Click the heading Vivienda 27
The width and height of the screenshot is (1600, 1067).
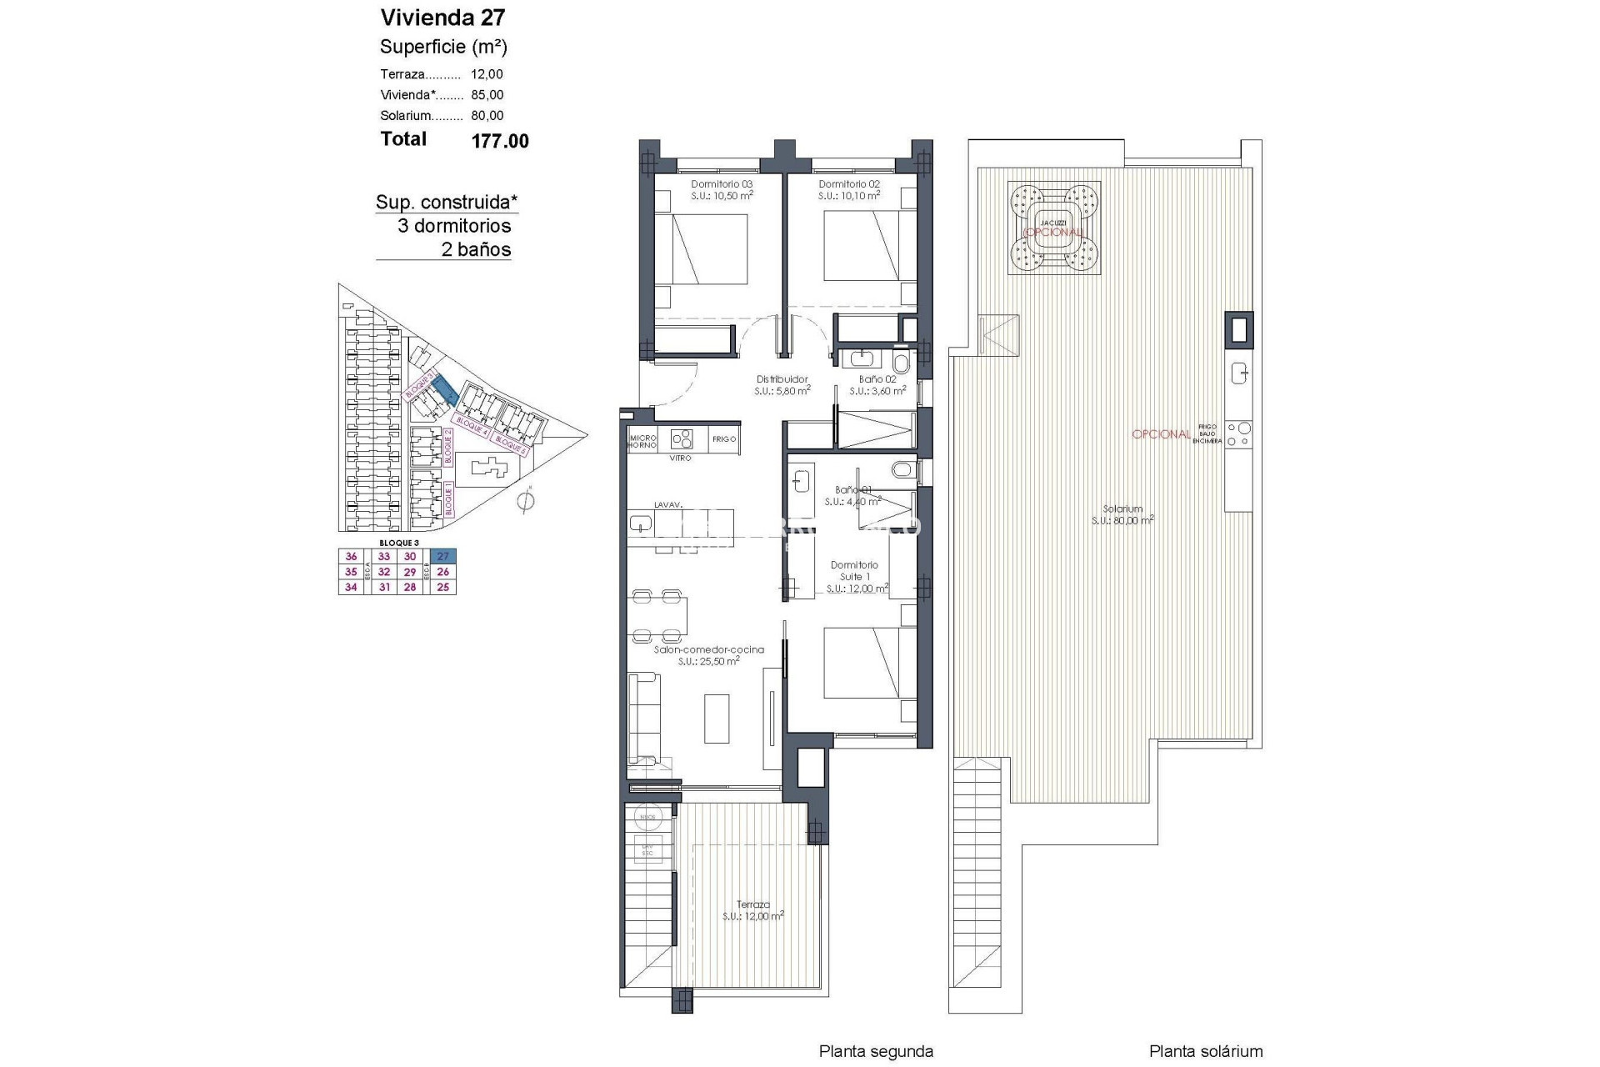[442, 18]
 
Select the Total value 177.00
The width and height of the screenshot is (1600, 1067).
[500, 141]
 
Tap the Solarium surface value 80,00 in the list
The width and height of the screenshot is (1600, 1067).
[487, 116]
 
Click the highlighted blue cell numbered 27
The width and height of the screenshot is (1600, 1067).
[443, 557]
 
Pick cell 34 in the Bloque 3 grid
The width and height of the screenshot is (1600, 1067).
[351, 587]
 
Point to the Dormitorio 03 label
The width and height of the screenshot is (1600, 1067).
[722, 184]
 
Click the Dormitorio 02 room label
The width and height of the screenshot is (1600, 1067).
[849, 184]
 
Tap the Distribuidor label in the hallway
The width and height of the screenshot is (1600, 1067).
[782, 379]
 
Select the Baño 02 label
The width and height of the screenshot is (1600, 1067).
[877, 379]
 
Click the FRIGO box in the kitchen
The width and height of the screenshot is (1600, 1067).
[724, 438]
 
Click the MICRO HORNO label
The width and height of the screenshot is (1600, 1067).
[642, 441]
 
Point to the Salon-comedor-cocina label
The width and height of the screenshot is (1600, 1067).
[708, 650]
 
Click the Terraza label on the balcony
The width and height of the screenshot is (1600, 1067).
[752, 904]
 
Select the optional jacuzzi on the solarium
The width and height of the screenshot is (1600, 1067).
[1055, 228]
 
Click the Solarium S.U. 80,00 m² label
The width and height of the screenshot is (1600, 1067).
[1122, 514]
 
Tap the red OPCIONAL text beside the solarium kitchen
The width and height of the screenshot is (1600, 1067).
[1161, 434]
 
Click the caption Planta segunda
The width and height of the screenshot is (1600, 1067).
[875, 1052]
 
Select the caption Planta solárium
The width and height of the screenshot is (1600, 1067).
[1205, 1052]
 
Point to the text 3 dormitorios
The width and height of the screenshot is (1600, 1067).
[454, 226]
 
